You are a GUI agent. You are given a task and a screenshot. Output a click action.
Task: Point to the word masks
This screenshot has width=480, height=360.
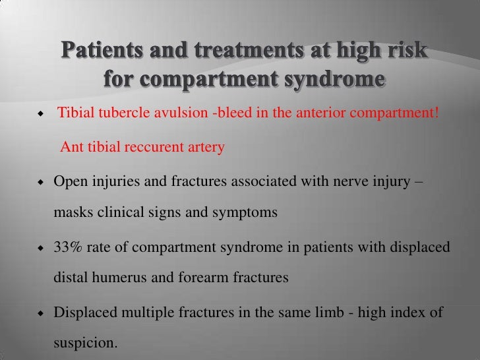(69, 214)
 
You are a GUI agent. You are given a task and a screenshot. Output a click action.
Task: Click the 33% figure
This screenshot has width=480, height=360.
(67, 245)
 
